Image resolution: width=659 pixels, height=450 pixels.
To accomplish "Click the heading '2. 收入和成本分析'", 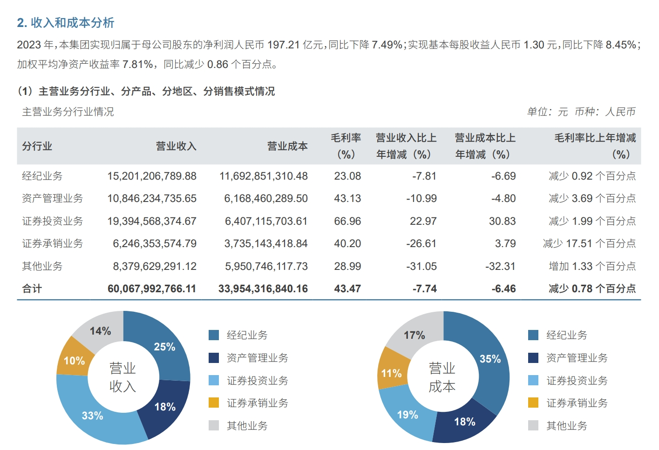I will (66, 23).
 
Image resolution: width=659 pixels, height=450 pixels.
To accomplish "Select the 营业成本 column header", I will (287, 146).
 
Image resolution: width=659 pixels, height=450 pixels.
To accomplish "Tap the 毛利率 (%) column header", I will (346, 146).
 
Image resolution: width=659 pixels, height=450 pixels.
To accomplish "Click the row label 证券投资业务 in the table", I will (52, 221).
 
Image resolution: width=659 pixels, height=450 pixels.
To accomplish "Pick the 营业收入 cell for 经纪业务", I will (152, 176).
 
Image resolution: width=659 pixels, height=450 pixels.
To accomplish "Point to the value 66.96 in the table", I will (347, 221).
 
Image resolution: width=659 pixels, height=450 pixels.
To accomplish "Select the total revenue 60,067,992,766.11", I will (152, 289).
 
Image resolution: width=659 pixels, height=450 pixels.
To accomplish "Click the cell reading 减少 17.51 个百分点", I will (589, 243).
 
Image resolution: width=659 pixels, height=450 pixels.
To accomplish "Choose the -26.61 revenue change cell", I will (421, 243).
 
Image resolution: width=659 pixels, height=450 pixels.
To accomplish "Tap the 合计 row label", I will (32, 289).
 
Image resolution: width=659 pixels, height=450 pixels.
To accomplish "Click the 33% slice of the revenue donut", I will (92, 415).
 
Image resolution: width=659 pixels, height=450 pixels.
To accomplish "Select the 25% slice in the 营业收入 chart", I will (164, 347).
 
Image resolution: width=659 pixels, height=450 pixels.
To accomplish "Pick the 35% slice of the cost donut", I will (490, 359).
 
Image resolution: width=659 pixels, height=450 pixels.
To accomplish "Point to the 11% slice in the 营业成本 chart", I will (391, 373).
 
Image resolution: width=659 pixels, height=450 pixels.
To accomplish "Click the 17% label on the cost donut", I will (414, 335).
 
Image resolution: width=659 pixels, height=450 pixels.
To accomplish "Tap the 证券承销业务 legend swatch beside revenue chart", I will (214, 403).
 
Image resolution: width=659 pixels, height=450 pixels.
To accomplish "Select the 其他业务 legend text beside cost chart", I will (566, 426).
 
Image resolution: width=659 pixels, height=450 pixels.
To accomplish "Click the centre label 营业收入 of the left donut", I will (122, 377).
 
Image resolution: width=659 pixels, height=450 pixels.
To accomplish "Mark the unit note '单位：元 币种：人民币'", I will (581, 112).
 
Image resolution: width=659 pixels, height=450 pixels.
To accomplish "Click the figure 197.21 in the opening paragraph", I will (284, 45).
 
